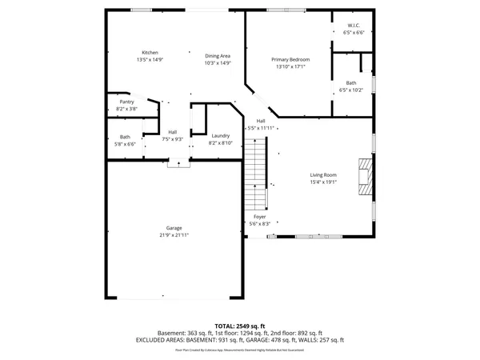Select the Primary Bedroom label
point(290,60)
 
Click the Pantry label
point(126,102)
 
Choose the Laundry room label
point(221,137)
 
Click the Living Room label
point(323,174)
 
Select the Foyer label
point(260,217)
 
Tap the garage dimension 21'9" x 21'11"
point(174,235)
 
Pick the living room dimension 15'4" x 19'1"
point(323,182)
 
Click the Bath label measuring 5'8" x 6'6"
point(125,137)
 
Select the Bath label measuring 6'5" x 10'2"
point(351,83)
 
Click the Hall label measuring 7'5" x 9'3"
point(172,132)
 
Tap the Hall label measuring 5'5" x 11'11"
point(261,121)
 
